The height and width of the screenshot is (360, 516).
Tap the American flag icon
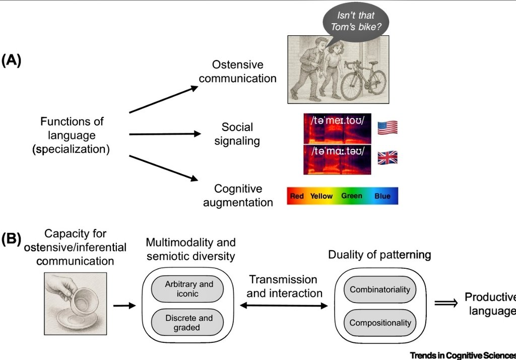tap(387, 127)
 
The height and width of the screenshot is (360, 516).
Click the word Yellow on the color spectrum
tap(321, 196)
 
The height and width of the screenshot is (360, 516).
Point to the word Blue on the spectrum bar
tap(382, 196)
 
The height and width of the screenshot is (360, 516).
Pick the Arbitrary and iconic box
tap(189, 289)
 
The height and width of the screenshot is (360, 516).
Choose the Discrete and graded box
tap(189, 323)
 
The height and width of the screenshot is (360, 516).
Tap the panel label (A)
tap(11, 61)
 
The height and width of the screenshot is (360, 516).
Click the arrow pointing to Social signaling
tap(165, 134)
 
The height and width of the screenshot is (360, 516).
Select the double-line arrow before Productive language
tap(445, 306)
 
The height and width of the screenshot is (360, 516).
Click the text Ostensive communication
tap(237, 72)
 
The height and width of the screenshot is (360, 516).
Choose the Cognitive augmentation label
tap(238, 196)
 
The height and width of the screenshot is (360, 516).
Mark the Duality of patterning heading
tap(379, 255)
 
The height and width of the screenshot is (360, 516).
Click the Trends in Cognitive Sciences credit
tap(463, 355)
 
